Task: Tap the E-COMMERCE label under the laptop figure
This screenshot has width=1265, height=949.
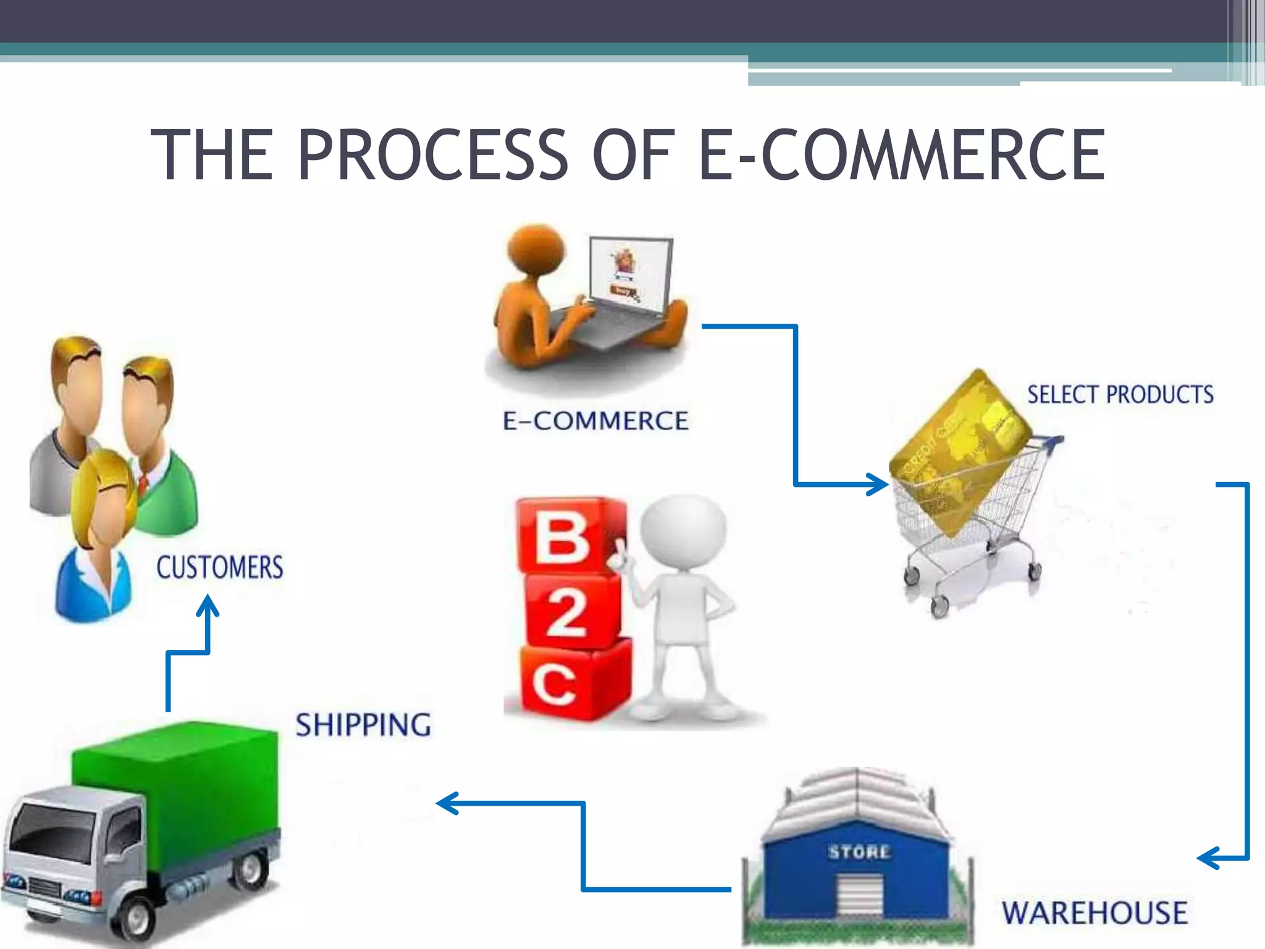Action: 595,421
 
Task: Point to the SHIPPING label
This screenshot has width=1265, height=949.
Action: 363,725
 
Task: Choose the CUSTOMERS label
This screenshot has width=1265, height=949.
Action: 220,567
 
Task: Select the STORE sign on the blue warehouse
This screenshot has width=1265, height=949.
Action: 859,853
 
